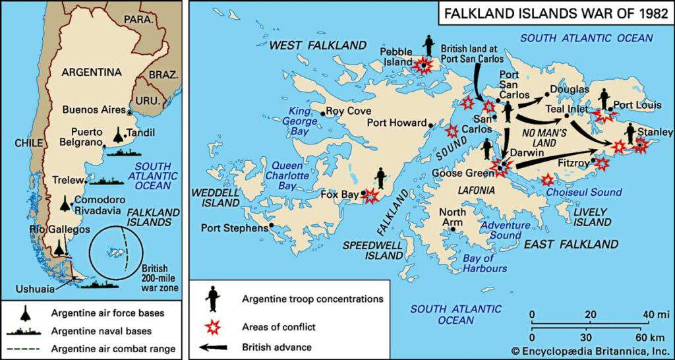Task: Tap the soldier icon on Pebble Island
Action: pyautogui.click(x=430, y=45)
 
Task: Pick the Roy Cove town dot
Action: pyautogui.click(x=322, y=112)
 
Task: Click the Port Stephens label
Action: pyautogui.click(x=234, y=227)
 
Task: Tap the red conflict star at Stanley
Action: pyautogui.click(x=641, y=146)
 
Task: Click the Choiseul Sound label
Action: pyautogui.click(x=584, y=192)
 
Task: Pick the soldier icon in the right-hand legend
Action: pyautogui.click(x=213, y=299)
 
